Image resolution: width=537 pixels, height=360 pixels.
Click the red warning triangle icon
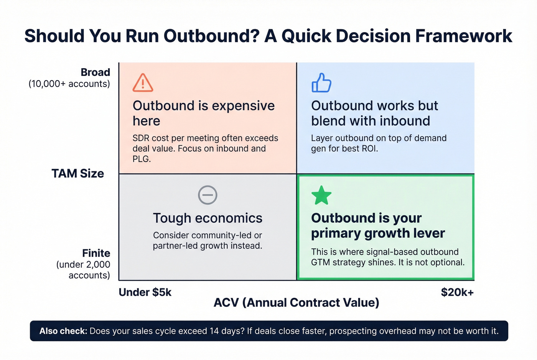(x=143, y=83)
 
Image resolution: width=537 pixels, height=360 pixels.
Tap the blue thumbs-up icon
(x=321, y=83)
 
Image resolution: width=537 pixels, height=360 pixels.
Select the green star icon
(x=321, y=195)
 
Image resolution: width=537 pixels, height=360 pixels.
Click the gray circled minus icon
(x=208, y=195)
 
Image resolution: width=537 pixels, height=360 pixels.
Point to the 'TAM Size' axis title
(x=78, y=174)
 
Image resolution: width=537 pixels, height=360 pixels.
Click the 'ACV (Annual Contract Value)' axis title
(x=296, y=302)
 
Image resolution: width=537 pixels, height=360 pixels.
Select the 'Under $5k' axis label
(x=145, y=292)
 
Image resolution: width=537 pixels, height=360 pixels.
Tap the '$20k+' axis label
(x=457, y=292)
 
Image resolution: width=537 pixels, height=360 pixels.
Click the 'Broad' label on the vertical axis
(x=95, y=72)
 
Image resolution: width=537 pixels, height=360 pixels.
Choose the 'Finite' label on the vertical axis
(x=96, y=253)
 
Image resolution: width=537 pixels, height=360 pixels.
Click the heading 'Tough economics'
(x=208, y=218)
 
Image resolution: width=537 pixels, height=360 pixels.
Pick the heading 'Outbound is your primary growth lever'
(x=378, y=225)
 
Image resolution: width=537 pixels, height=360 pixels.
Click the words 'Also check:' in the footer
(x=63, y=331)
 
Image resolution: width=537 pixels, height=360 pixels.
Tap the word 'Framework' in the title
(x=463, y=36)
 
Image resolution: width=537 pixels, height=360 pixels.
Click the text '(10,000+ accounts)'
(x=69, y=84)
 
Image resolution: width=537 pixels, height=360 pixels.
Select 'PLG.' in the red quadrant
(x=142, y=159)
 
